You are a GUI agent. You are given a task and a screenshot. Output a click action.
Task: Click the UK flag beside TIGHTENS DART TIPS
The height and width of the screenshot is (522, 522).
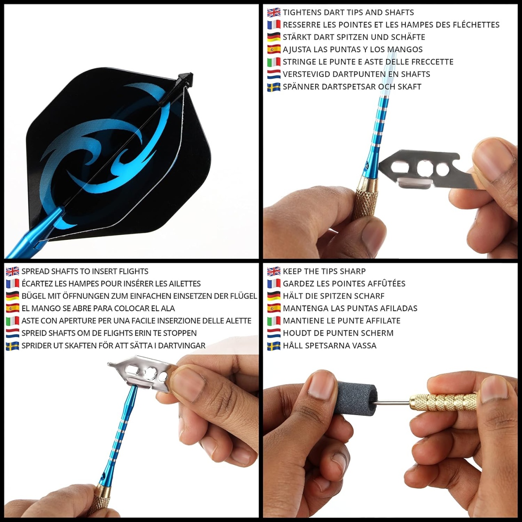pos(274,13)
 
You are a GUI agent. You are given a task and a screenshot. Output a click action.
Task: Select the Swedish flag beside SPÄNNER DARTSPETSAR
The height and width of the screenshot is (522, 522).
pos(274,87)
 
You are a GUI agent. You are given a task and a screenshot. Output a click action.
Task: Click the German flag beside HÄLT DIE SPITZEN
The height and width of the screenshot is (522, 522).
pos(274,296)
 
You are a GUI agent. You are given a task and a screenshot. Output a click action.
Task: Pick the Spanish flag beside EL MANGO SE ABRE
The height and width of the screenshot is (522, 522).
pos(13,308)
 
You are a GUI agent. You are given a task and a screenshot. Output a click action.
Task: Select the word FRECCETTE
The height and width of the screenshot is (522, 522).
pos(432,62)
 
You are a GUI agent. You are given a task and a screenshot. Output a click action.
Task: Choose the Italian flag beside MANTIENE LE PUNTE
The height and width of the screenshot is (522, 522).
pos(274,321)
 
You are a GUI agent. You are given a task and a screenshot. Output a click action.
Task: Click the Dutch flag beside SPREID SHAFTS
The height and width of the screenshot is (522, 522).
pos(13,333)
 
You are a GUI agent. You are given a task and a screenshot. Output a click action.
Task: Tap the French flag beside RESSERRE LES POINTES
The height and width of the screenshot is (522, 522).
pos(274,25)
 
